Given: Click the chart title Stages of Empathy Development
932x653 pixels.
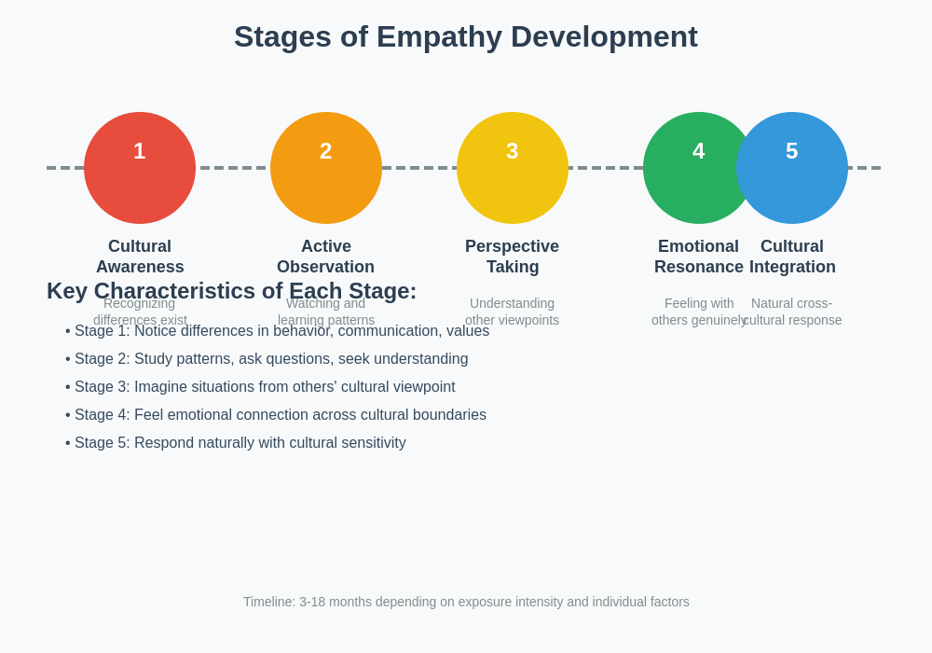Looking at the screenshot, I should click(x=465, y=36).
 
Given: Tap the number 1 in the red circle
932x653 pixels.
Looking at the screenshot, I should click(x=140, y=151).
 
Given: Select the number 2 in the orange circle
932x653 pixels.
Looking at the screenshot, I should click(x=326, y=151).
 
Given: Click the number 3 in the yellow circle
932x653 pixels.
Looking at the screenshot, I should click(x=513, y=151).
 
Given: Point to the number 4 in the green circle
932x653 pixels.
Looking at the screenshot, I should click(x=698, y=151).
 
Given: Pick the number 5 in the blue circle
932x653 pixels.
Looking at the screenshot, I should click(x=792, y=151).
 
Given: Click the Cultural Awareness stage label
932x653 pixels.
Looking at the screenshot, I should click(x=140, y=257).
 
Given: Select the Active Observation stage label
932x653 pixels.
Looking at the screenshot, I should click(x=326, y=257).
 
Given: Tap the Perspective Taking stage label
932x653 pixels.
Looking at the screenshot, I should click(x=513, y=257).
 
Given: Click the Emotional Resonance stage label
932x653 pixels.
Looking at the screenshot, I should click(x=698, y=257).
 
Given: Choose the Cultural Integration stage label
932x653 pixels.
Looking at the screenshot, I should click(x=793, y=257).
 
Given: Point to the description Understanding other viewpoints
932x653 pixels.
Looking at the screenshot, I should click(x=513, y=312).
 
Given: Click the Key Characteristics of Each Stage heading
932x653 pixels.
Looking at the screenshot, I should click(x=231, y=291).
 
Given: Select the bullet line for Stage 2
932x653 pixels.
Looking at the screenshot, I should click(x=267, y=359).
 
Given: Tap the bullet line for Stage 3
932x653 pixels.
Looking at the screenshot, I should click(x=260, y=387).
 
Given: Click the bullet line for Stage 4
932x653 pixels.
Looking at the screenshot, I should click(x=276, y=415).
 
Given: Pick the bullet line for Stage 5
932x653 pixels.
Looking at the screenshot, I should click(x=236, y=443).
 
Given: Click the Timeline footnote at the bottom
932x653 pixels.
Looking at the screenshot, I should click(x=466, y=602).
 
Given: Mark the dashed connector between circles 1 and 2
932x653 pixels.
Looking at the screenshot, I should click(x=233, y=168).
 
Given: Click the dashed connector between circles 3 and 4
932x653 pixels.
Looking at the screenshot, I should click(x=606, y=168).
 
